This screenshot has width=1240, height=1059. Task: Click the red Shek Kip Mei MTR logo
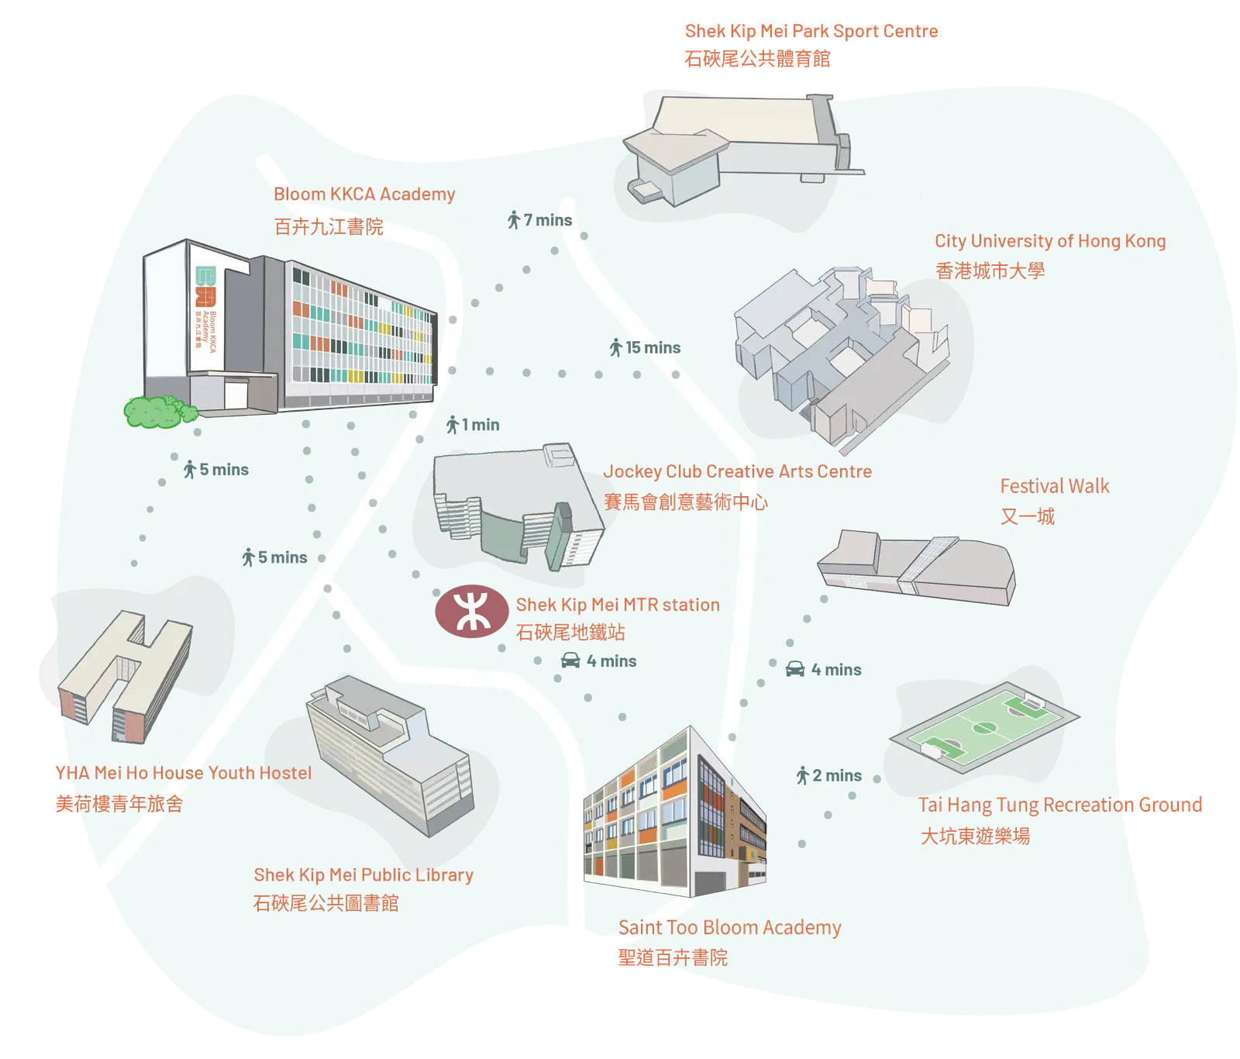pos(471,612)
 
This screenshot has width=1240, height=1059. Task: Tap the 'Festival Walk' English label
pos(1054,486)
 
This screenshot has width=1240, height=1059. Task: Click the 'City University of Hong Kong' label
pos(1049,241)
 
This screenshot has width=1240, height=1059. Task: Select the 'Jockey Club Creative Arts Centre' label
pos(738,471)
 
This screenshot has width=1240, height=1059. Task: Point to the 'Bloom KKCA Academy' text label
pos(364,194)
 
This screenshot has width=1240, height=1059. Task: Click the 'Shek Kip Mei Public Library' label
pos(363,874)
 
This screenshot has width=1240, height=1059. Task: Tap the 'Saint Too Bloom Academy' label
pos(729,927)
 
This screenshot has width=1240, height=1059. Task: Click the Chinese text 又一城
pos(1027,516)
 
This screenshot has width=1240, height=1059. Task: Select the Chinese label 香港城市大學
pos(990,271)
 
